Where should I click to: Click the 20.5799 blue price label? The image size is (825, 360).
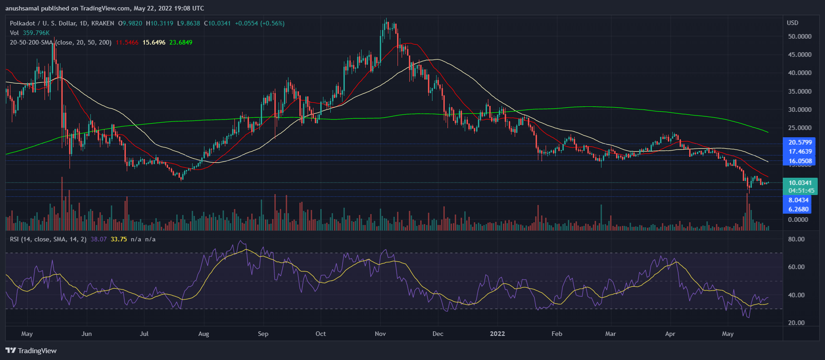coord(800,142)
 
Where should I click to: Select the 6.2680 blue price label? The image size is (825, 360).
coord(798,209)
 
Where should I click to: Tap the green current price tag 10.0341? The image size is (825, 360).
coord(800,183)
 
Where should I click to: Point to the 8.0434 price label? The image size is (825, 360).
coord(798,200)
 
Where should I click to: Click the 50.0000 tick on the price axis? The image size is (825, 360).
coord(800,36)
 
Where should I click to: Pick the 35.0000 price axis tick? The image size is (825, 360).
coord(800,91)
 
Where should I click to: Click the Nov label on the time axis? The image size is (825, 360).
coord(380,334)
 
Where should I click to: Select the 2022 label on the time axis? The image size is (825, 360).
coord(497,334)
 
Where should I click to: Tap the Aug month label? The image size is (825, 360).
coord(204,334)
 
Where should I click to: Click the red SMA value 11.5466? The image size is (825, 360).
coord(127,42)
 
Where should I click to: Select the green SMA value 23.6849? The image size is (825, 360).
coord(181,42)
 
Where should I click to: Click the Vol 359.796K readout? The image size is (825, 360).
coord(30,33)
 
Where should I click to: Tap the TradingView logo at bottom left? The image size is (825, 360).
coord(31,350)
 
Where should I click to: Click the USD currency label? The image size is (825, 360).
coord(792,23)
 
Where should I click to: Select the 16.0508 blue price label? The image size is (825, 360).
coord(800,161)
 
